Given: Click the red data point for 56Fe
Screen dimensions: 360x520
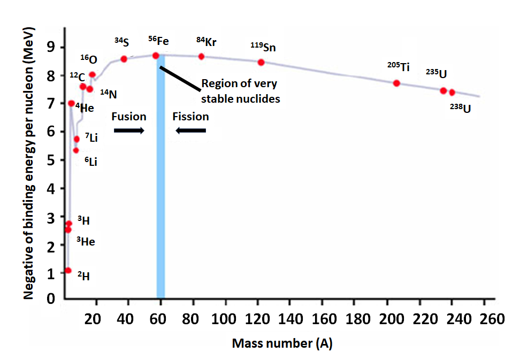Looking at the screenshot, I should (x=156, y=56).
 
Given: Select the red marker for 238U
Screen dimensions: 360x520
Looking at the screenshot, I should (x=452, y=93).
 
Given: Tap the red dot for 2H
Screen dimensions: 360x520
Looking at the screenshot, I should (x=68, y=271).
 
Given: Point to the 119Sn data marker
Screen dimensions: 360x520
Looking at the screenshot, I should (x=261, y=62).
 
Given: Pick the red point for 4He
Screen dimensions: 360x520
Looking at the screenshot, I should (x=71, y=103).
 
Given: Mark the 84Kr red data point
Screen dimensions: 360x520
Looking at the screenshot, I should (x=201, y=57).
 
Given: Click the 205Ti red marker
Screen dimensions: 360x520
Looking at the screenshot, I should (x=396, y=83).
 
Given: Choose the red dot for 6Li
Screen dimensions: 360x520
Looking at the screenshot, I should (x=76, y=150).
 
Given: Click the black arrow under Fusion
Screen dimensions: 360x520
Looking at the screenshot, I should (x=129, y=131).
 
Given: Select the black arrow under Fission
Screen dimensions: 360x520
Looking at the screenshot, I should (x=191, y=131).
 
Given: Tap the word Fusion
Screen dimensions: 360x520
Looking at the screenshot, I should (x=128, y=117).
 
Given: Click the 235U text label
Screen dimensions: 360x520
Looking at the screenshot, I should (x=437, y=73).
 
